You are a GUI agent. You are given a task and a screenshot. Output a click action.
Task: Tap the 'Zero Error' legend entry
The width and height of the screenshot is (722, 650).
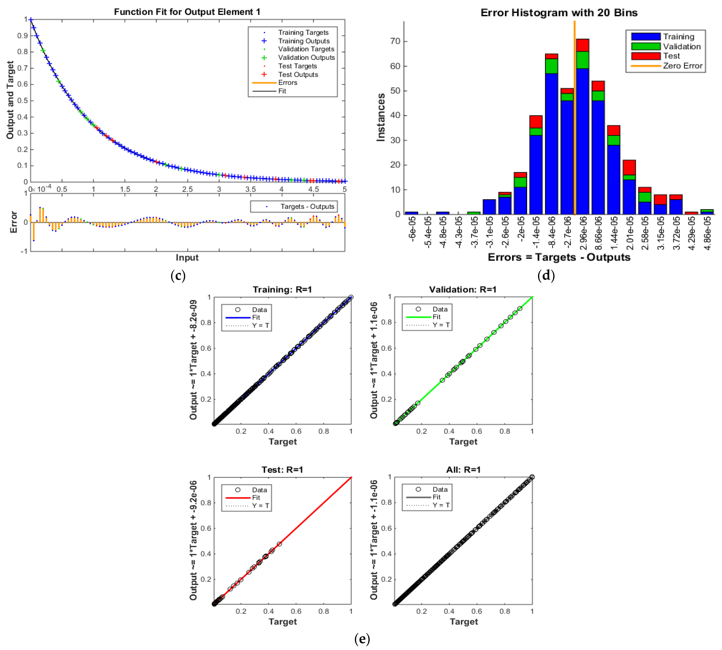pyautogui.click(x=682, y=66)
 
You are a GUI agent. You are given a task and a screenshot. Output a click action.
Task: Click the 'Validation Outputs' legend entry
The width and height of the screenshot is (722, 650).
pyautogui.click(x=306, y=57)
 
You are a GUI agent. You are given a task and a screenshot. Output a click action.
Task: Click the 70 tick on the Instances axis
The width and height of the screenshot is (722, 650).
pyautogui.click(x=395, y=41)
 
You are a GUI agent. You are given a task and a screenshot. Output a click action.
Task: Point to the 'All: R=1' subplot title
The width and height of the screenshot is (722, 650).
pyautogui.click(x=463, y=470)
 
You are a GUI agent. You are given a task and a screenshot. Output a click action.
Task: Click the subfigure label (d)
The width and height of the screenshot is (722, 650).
pyautogui.click(x=546, y=275)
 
